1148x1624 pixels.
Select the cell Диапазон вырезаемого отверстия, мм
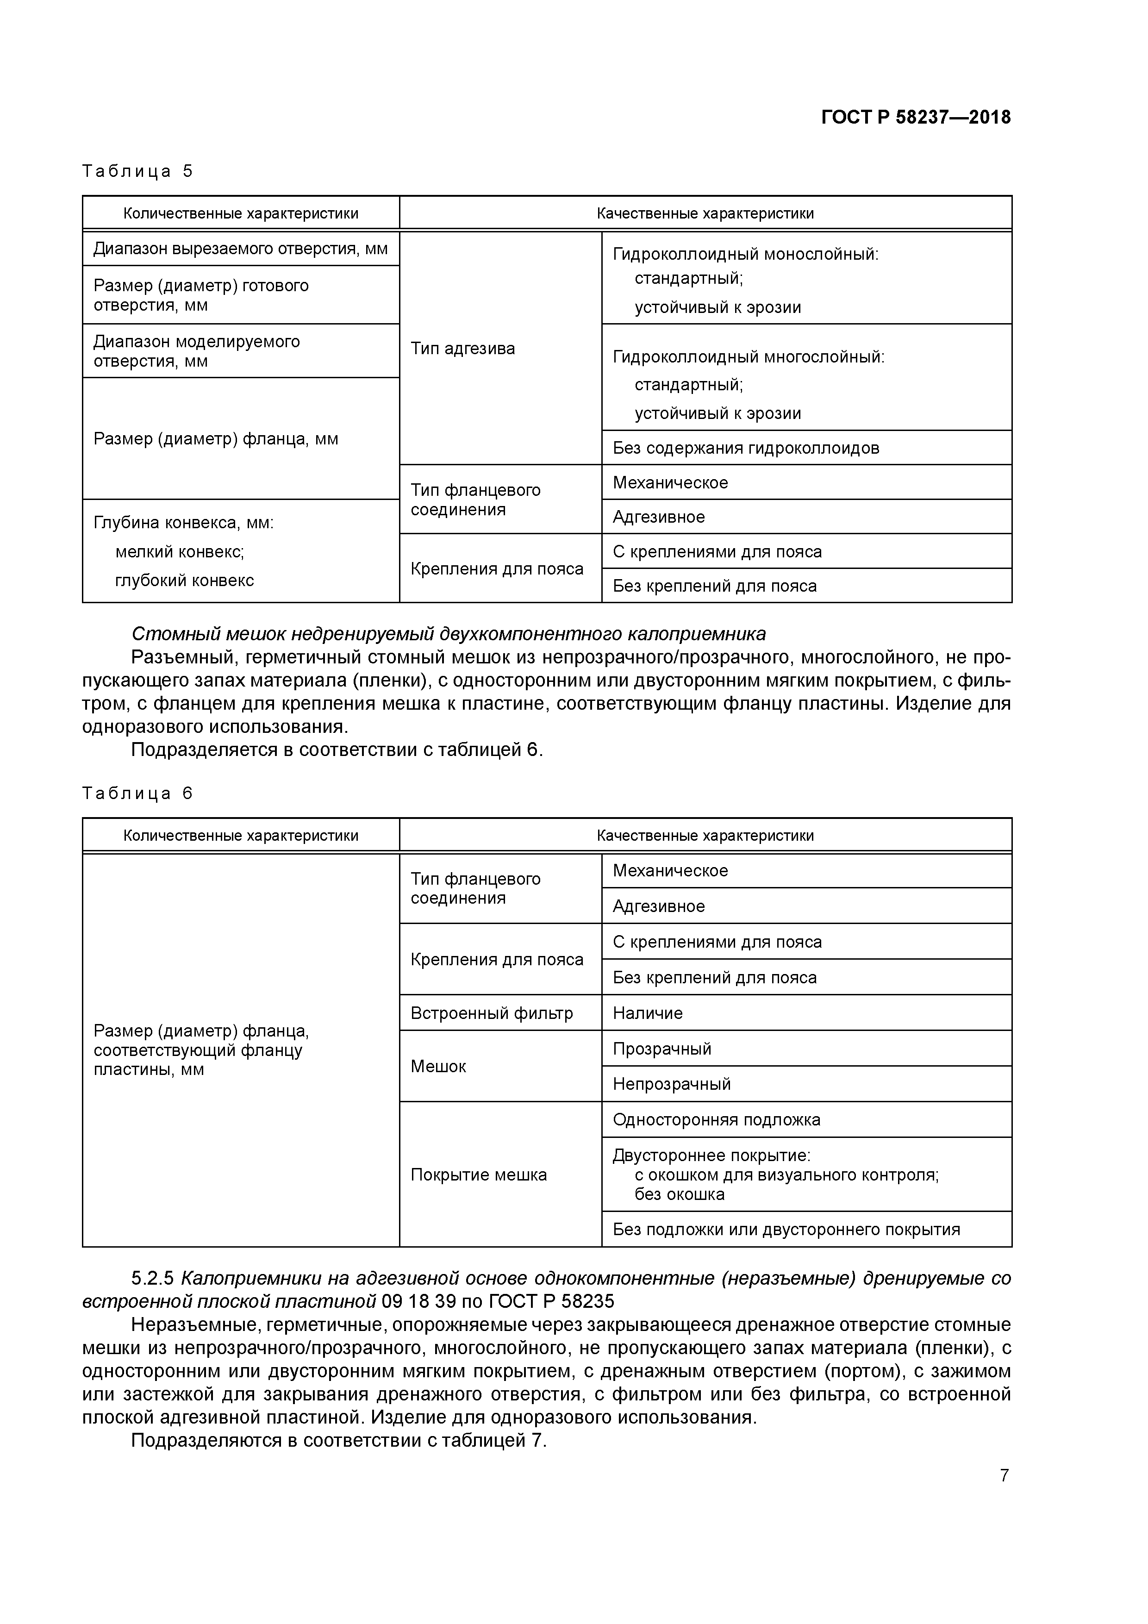[x=241, y=249]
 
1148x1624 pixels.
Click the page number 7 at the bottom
[x=1004, y=1475]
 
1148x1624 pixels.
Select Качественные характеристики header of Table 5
[x=705, y=213]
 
